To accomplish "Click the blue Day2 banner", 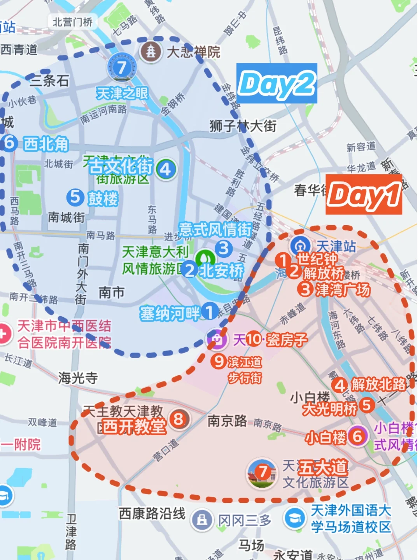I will coord(276,83).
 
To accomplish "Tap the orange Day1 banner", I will coord(364,194).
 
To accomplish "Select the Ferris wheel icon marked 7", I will coord(122,67).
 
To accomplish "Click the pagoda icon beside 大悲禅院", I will coord(151,51).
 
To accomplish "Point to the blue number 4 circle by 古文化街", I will coord(166,169).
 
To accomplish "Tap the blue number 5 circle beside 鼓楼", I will coord(75,197).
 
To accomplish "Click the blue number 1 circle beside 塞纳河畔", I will coord(210,311).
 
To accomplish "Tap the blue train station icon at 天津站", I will coord(300,246).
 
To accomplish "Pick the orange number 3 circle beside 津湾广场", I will coord(305,289).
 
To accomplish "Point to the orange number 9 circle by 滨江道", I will coord(219,361).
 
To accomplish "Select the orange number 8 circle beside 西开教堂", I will coord(178,419).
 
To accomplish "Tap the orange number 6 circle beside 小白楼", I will coord(357,436).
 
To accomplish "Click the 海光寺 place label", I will coord(78,378).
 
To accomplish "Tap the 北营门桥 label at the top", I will coord(73,22).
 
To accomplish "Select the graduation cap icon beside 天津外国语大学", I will coord(295,518).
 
